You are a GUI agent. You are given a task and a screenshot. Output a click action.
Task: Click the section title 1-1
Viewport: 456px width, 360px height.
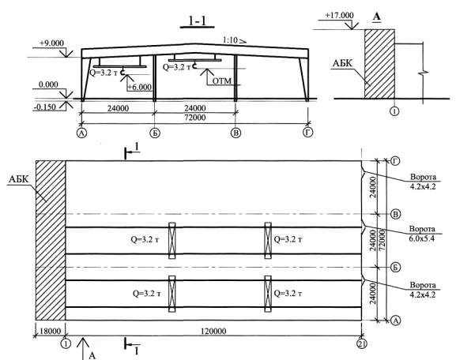pyautogui.click(x=198, y=21)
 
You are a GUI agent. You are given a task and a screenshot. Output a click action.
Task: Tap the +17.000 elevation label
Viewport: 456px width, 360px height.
pyautogui.click(x=339, y=15)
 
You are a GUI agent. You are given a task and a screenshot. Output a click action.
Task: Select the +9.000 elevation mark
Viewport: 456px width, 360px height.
pyautogui.click(x=51, y=43)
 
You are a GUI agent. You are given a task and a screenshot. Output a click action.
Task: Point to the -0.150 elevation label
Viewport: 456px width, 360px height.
pyautogui.click(x=44, y=107)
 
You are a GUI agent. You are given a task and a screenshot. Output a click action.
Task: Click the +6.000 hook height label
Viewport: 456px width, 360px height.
pyautogui.click(x=140, y=87)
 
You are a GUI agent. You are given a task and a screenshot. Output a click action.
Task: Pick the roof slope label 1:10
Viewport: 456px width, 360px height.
pyautogui.click(x=230, y=39)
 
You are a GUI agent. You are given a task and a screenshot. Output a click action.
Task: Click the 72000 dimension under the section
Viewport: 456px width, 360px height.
pyautogui.click(x=195, y=118)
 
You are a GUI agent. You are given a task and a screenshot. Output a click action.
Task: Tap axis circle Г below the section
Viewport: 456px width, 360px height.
pyautogui.click(x=307, y=133)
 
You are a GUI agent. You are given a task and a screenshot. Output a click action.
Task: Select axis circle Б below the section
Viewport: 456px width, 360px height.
pyautogui.click(x=155, y=133)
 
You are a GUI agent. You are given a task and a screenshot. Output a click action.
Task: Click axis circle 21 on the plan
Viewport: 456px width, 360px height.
pyautogui.click(x=361, y=344)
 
